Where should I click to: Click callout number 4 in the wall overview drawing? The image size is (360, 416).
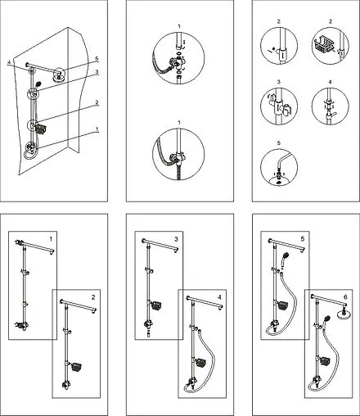[9, 62]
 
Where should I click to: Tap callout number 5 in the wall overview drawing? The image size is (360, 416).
[96, 59]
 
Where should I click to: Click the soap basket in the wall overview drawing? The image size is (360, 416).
[41, 129]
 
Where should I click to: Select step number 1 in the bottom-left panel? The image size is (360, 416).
[51, 239]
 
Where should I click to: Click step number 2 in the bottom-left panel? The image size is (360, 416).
[93, 297]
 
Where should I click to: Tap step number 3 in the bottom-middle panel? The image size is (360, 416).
[176, 239]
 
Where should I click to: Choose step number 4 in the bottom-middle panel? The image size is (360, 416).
[219, 297]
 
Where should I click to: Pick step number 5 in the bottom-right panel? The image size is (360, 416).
[303, 239]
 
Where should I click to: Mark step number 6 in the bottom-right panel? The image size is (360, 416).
[345, 297]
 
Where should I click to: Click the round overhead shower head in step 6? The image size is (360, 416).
[344, 314]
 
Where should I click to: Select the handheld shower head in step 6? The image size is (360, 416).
[326, 319]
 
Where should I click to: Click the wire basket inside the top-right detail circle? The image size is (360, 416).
[323, 46]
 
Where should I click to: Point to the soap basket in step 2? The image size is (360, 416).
[77, 367]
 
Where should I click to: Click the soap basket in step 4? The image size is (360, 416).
[200, 364]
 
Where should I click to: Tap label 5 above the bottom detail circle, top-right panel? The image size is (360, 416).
[278, 143]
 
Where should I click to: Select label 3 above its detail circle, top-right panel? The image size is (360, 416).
[278, 82]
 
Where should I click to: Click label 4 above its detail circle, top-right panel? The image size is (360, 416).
[331, 82]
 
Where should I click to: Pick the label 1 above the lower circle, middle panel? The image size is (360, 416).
[179, 123]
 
